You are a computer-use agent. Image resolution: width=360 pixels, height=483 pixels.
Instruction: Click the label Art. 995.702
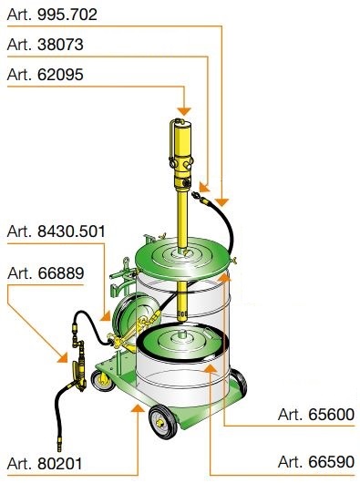click(52, 15)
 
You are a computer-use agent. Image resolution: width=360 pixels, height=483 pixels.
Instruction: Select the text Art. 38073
click(45, 45)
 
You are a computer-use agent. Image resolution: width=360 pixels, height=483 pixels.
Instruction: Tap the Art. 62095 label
click(45, 75)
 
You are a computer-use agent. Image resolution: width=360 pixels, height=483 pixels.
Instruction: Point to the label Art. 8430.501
click(56, 231)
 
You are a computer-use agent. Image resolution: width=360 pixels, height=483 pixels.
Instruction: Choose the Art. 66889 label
click(46, 272)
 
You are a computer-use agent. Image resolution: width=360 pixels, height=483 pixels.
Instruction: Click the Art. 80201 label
click(45, 464)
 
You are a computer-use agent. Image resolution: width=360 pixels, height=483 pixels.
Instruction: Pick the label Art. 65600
click(316, 415)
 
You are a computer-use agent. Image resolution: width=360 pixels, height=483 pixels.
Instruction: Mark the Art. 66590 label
click(316, 462)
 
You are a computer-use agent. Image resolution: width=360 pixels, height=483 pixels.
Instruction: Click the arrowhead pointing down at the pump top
click(184, 111)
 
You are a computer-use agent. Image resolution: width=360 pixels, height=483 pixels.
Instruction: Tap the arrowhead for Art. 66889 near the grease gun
click(63, 357)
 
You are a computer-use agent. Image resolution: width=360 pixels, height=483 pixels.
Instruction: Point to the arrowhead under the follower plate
click(210, 368)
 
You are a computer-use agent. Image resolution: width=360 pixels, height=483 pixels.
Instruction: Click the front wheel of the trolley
click(162, 422)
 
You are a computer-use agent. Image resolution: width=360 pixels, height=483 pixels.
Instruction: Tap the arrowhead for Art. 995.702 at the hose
click(221, 202)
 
